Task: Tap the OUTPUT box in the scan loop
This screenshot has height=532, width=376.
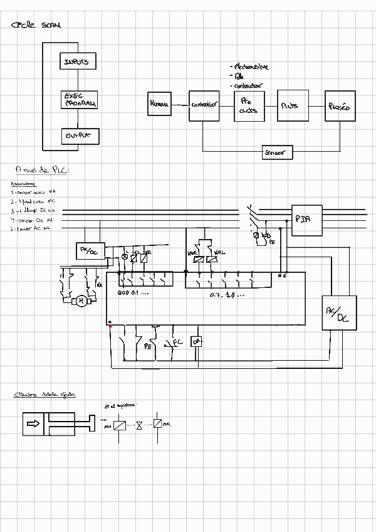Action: (80, 135)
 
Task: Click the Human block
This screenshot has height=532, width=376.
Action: (159, 104)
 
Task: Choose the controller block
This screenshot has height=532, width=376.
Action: (204, 105)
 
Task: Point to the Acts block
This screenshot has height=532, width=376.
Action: (290, 105)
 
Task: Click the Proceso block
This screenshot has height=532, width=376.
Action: (338, 107)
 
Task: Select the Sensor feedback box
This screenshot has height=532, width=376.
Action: (277, 152)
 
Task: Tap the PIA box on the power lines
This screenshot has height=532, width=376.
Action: (306, 220)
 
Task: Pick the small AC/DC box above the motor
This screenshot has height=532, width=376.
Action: (89, 250)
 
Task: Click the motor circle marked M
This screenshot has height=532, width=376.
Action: (80, 301)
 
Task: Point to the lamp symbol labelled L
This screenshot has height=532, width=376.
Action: (124, 258)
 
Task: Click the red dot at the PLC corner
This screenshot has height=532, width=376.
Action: (110, 325)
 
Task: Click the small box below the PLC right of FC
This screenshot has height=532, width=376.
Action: (196, 341)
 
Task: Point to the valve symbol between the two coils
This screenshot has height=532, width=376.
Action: (139, 424)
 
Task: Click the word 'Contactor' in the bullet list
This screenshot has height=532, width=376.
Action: (248, 85)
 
